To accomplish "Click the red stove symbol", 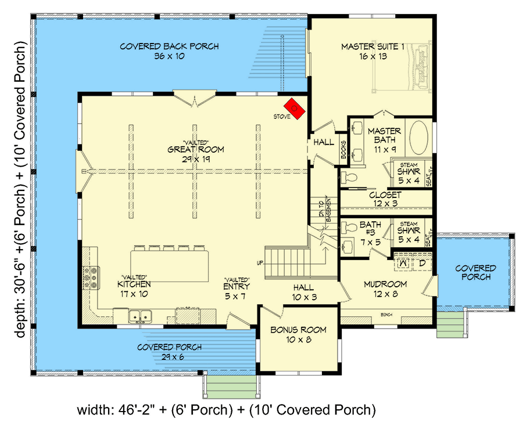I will click(x=295, y=108).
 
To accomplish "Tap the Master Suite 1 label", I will click(x=372, y=52).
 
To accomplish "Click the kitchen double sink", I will click(x=139, y=316).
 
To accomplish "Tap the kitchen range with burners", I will click(x=91, y=277).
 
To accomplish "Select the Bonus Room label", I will click(x=298, y=334).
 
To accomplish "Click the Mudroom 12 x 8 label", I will click(x=385, y=289).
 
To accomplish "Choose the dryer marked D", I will click(x=422, y=263).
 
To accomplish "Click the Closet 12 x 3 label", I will click(x=385, y=200).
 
